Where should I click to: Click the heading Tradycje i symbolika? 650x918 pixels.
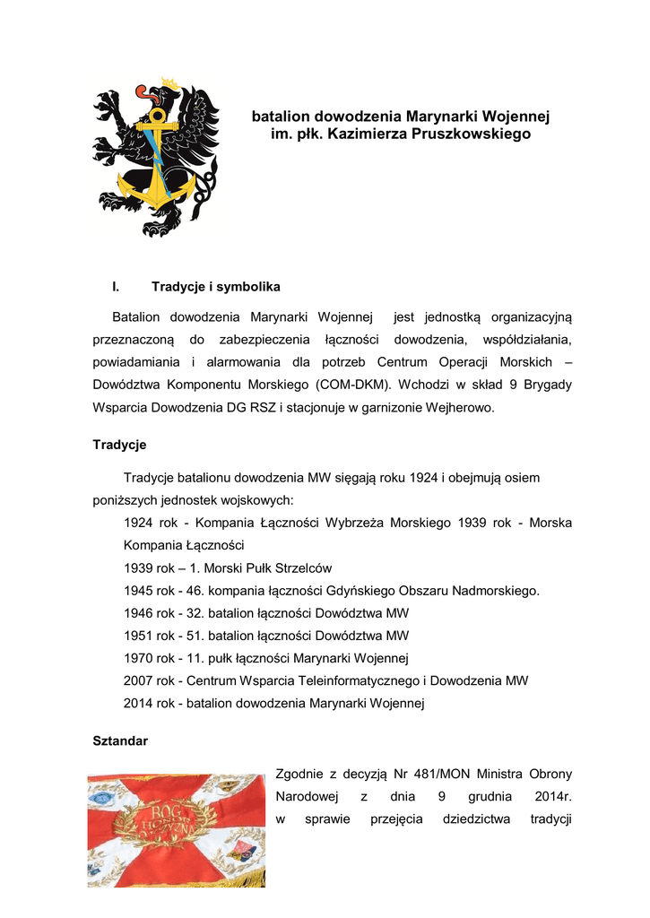pyautogui.click(x=216, y=287)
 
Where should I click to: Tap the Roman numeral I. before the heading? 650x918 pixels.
pyautogui.click(x=116, y=287)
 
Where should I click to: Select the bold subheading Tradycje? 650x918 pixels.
pyautogui.click(x=119, y=445)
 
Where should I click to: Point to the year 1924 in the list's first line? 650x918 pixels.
pyautogui.click(x=139, y=523)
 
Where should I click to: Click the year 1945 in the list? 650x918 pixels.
pyautogui.click(x=139, y=591)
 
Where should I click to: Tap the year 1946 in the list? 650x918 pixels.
pyautogui.click(x=139, y=613)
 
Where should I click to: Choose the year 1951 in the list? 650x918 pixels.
pyautogui.click(x=139, y=636)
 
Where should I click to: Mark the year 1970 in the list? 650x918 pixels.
pyautogui.click(x=139, y=659)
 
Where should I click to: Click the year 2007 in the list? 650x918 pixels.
pyautogui.click(x=139, y=681)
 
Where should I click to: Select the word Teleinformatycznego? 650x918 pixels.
pyautogui.click(x=344, y=681)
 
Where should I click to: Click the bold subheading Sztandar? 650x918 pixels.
pyautogui.click(x=120, y=741)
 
